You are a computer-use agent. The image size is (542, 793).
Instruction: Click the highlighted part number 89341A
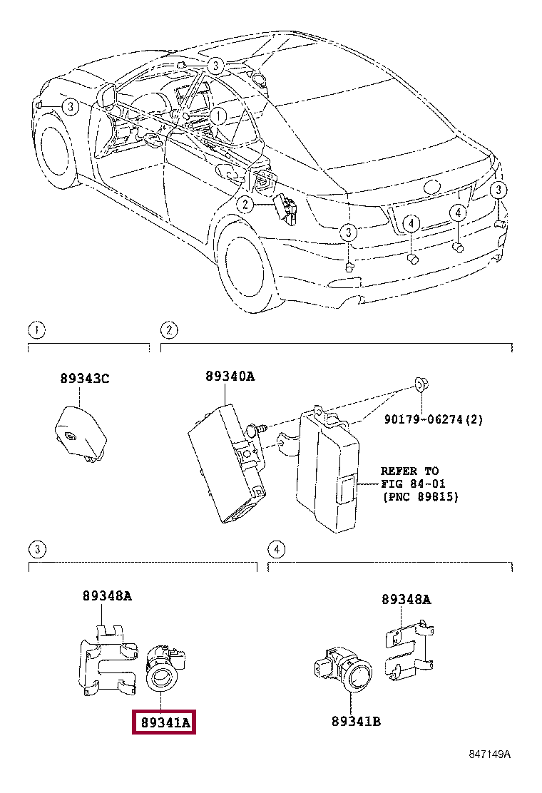click(x=165, y=722)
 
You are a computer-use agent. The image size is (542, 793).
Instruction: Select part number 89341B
click(x=356, y=722)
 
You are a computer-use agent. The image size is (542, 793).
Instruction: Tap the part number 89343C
click(x=85, y=378)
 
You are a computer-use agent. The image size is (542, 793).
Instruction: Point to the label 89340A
click(x=230, y=377)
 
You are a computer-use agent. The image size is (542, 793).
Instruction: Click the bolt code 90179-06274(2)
click(x=434, y=419)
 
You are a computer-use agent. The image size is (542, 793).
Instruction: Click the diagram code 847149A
click(x=489, y=754)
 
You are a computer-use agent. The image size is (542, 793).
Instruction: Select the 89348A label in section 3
click(x=107, y=596)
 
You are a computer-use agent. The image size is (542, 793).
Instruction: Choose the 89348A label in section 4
click(x=406, y=599)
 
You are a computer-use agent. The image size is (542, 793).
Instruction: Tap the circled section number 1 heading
click(x=36, y=330)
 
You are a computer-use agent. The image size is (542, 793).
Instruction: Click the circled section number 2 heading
click(x=169, y=330)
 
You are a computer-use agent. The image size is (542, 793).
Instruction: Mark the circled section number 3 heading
click(x=37, y=549)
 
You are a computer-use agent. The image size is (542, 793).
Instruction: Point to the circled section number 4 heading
click(x=276, y=549)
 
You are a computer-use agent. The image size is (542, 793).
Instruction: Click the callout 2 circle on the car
click(x=245, y=205)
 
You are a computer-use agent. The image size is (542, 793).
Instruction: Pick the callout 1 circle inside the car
click(x=218, y=116)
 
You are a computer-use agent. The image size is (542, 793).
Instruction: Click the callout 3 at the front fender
click(x=71, y=107)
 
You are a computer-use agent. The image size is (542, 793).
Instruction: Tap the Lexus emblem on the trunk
click(x=432, y=187)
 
